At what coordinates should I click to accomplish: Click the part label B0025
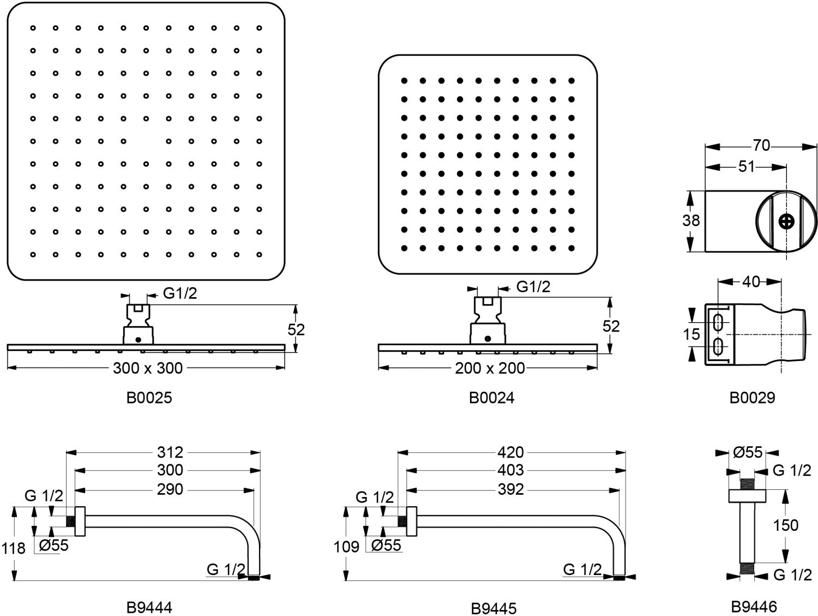(x=149, y=397)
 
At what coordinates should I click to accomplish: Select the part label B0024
(x=491, y=397)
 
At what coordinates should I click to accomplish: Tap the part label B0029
(x=752, y=397)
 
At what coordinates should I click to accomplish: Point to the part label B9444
(x=149, y=607)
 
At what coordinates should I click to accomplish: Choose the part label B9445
(x=494, y=607)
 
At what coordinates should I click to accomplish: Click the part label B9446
(x=754, y=606)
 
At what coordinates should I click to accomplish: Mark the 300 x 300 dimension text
(x=148, y=368)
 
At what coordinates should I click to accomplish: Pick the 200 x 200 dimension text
(x=490, y=368)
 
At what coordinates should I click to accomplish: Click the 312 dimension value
(x=170, y=452)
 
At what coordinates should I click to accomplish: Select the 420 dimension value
(x=510, y=452)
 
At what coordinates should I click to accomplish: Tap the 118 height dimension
(x=13, y=548)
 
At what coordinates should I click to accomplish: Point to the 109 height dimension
(x=346, y=546)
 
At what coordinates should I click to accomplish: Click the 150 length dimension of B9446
(x=785, y=525)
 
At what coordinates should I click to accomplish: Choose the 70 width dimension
(x=761, y=146)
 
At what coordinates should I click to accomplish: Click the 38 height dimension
(x=691, y=221)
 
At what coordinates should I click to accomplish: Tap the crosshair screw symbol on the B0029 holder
(x=786, y=222)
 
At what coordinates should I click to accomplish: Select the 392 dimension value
(x=510, y=489)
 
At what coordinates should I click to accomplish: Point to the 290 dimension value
(x=170, y=489)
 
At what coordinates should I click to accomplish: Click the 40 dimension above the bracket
(x=751, y=282)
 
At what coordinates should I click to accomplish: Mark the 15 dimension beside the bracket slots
(x=691, y=334)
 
